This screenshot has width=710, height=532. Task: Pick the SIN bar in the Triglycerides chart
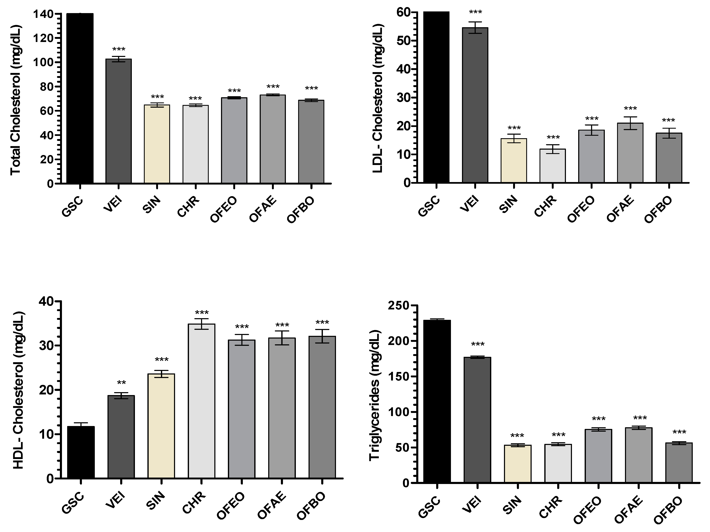518,463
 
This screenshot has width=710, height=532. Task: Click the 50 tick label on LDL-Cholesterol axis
403,41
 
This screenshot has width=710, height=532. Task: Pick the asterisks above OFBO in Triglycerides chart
679,432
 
